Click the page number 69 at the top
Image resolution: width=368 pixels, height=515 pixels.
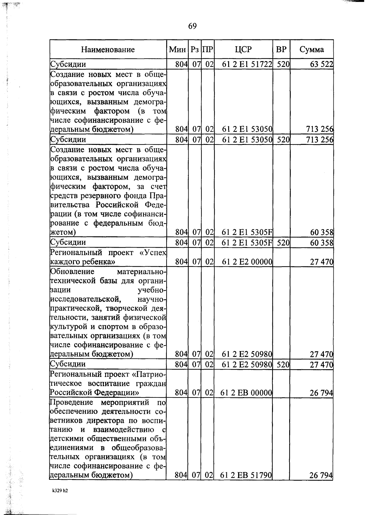pos(192,26)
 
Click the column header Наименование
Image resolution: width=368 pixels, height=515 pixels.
pos(108,50)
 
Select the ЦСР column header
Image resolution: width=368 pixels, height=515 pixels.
pos(243,50)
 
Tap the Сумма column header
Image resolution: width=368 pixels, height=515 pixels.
pos(312,50)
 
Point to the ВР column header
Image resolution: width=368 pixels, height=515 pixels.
pos(281,50)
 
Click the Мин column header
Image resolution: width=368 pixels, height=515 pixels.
pos(177,50)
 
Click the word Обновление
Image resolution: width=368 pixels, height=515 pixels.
pos(72,272)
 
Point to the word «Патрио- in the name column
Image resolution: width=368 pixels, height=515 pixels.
pos(149,374)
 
